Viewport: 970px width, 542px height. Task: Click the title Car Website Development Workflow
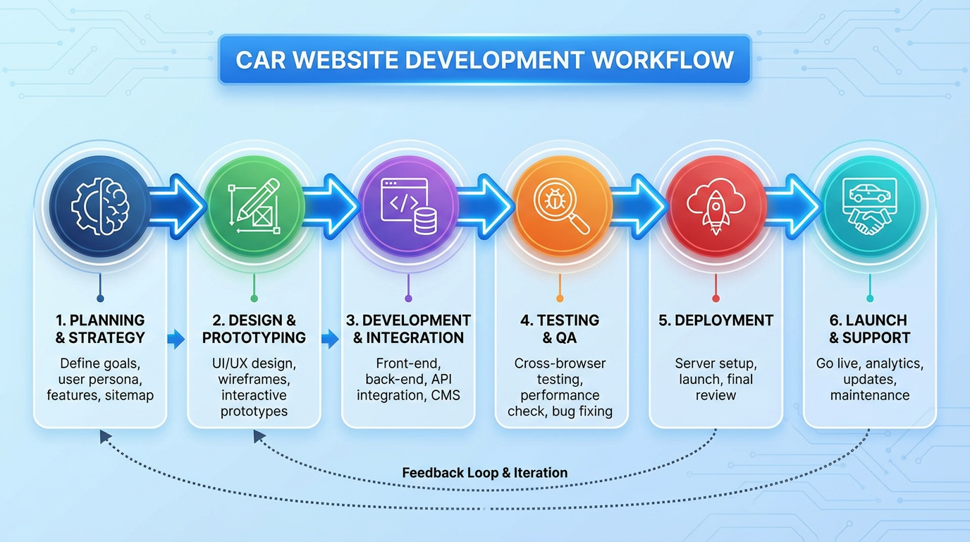pyautogui.click(x=484, y=60)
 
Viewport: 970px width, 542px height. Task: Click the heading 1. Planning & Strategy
pyautogui.click(x=100, y=329)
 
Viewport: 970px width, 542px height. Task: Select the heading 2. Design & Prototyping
pyautogui.click(x=254, y=329)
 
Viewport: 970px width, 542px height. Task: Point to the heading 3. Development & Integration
pyautogui.click(x=408, y=329)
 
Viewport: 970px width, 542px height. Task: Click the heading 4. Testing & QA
pyautogui.click(x=560, y=329)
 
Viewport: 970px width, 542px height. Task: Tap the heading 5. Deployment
pyautogui.click(x=716, y=320)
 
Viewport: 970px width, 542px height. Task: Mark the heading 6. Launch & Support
pyautogui.click(x=869, y=329)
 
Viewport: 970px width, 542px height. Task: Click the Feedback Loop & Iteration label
pyautogui.click(x=484, y=473)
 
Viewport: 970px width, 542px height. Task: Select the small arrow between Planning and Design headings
pyautogui.click(x=176, y=339)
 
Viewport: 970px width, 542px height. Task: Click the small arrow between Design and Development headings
pyautogui.click(x=329, y=339)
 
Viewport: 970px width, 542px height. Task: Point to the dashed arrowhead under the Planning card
pyautogui.click(x=105, y=437)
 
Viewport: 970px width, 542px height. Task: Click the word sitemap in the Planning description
pyautogui.click(x=129, y=395)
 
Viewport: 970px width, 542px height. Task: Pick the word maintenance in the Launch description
pyautogui.click(x=869, y=395)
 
